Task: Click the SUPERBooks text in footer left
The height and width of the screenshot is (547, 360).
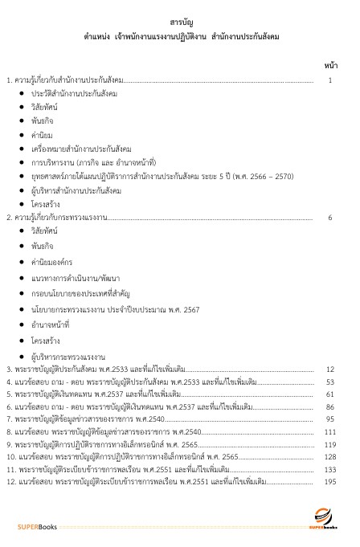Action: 37,526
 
